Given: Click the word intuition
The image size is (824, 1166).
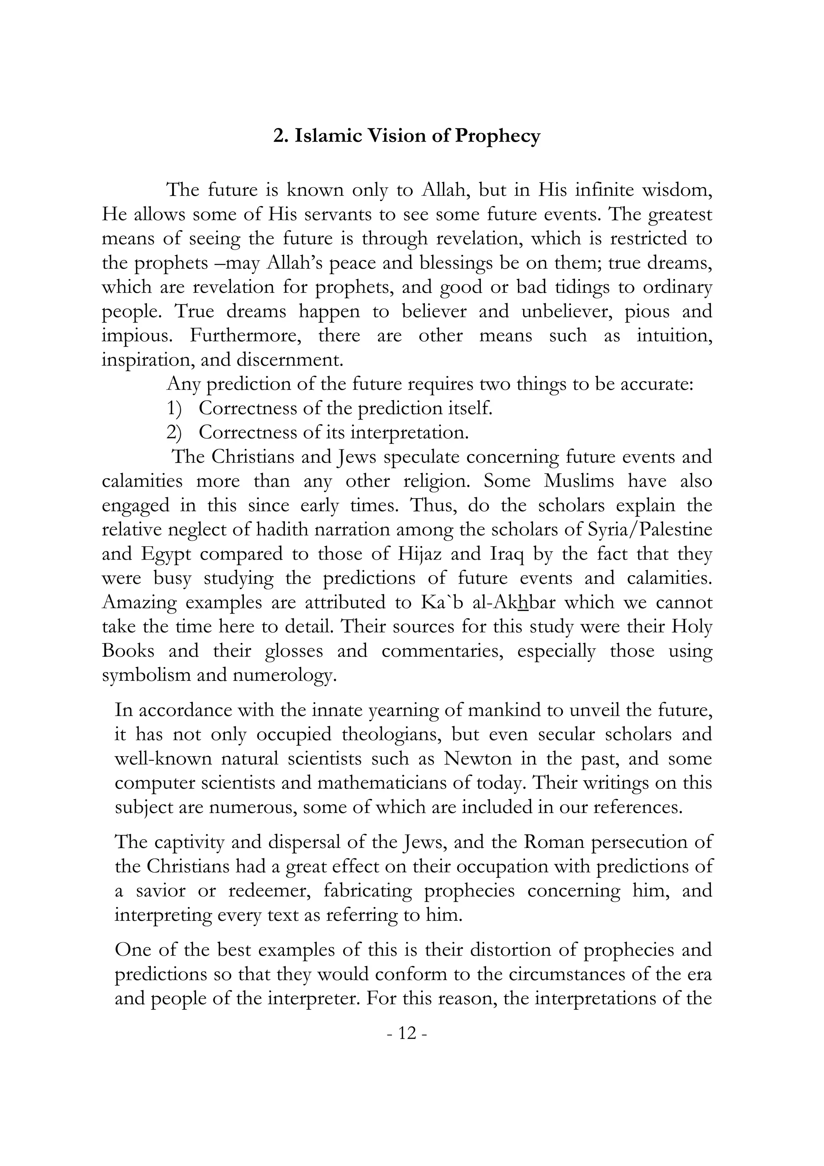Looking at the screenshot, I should click(x=674, y=336).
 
